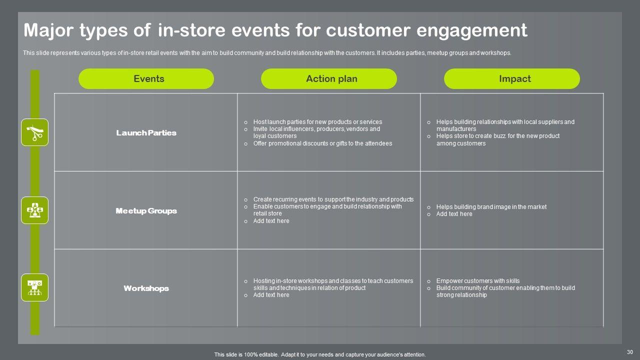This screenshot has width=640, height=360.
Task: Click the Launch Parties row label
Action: coord(146,133)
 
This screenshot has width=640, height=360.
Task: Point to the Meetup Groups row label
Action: coord(146,211)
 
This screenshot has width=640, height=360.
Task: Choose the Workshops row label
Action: coord(146,288)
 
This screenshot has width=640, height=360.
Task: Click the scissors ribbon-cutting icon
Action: coord(34,132)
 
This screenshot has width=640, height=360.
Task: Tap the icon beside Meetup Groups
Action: coord(34,210)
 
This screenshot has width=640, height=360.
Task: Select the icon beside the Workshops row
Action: coord(34,287)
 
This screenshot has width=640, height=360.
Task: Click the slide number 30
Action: coord(629,352)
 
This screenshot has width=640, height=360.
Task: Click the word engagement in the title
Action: coord(471,30)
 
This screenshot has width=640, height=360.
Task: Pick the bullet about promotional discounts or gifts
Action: coord(322,143)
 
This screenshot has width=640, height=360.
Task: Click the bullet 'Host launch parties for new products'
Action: coord(317,122)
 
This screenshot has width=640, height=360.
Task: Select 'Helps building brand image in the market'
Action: coord(491,207)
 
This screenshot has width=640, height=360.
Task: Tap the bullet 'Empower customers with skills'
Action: coord(477,281)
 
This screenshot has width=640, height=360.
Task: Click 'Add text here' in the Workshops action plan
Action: coord(271,295)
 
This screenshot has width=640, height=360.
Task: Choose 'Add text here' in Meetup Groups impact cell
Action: coord(454,214)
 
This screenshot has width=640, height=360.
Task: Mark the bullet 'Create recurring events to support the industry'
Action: coord(333,199)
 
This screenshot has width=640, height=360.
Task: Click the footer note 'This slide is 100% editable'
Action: coord(320,354)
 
